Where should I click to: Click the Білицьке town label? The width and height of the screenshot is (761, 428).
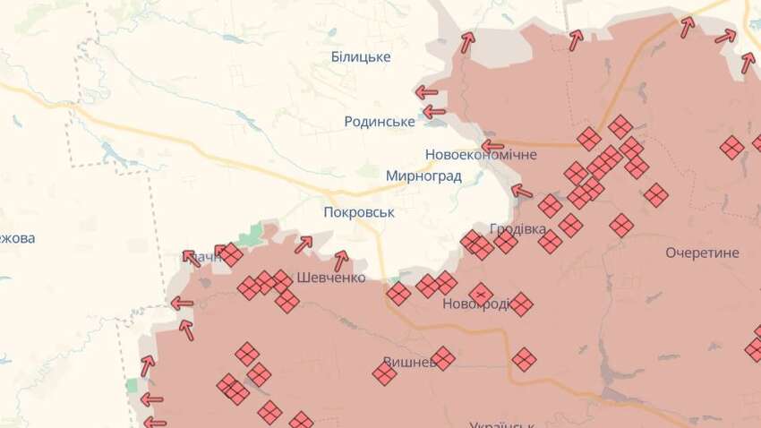361,56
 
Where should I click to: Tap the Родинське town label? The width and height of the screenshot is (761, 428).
380,121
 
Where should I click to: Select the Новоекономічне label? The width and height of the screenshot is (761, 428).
481,155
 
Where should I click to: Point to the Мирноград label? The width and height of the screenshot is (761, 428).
423,175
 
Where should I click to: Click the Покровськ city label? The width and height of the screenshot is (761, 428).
359,212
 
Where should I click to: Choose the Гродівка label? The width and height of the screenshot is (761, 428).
518,229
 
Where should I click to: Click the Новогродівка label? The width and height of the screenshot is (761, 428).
477,304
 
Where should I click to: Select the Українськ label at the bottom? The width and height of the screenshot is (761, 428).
501,423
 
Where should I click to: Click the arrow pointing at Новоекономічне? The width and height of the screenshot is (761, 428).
492,146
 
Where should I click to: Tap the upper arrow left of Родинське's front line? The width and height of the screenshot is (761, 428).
425,92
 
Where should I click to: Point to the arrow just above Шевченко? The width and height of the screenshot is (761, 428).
340,261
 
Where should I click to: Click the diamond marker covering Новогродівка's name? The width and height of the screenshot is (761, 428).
481,294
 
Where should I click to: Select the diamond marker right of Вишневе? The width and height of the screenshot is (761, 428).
442,359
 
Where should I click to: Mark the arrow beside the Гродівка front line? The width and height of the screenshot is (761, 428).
521,190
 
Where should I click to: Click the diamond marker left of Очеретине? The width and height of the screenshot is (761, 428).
621,225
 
